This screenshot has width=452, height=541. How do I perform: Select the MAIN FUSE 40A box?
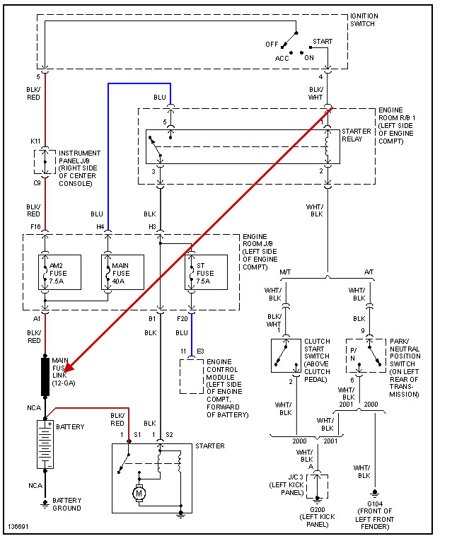click(122, 272)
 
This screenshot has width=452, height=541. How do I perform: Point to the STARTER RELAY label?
click(357, 135)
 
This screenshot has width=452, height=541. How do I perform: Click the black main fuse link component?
click(45, 376)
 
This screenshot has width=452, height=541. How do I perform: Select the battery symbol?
click(45, 443)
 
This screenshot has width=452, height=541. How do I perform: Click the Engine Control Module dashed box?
click(192, 376)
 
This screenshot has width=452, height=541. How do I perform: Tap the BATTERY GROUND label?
click(66, 504)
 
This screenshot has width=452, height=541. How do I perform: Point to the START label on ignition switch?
click(323, 42)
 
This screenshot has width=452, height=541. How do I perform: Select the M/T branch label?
click(286, 272)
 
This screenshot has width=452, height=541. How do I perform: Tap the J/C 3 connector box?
click(319, 486)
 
